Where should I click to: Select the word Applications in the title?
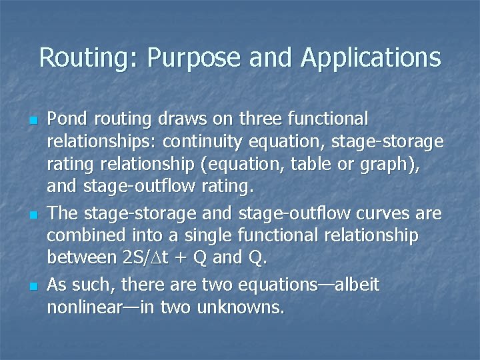[x=371, y=59]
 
